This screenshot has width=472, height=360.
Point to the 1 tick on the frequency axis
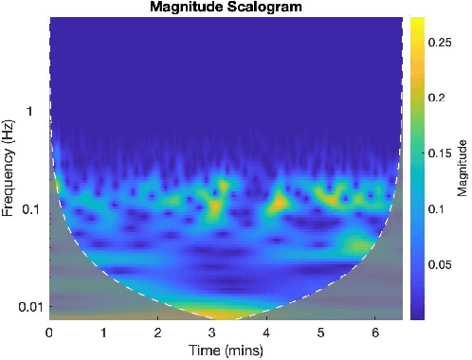[36, 112]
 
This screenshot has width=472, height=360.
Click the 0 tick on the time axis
[49, 332]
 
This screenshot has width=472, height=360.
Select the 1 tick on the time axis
[103, 332]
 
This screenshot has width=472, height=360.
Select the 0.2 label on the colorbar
[436, 98]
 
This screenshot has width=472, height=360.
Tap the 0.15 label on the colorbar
[439, 153]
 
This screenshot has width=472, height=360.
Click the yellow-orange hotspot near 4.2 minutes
[279, 201]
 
